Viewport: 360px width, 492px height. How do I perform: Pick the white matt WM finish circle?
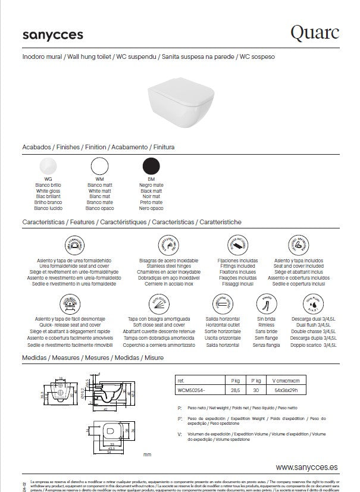tap(99, 166)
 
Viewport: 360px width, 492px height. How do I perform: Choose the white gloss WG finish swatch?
tap(48, 166)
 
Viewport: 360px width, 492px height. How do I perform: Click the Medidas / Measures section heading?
tap(92, 358)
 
